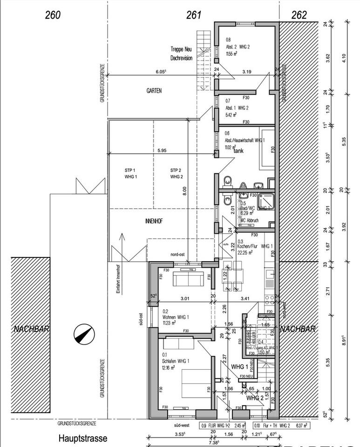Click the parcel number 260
pos(53,15)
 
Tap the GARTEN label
pos(154,91)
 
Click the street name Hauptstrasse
pos(83,438)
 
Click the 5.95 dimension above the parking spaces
pos(162,151)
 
